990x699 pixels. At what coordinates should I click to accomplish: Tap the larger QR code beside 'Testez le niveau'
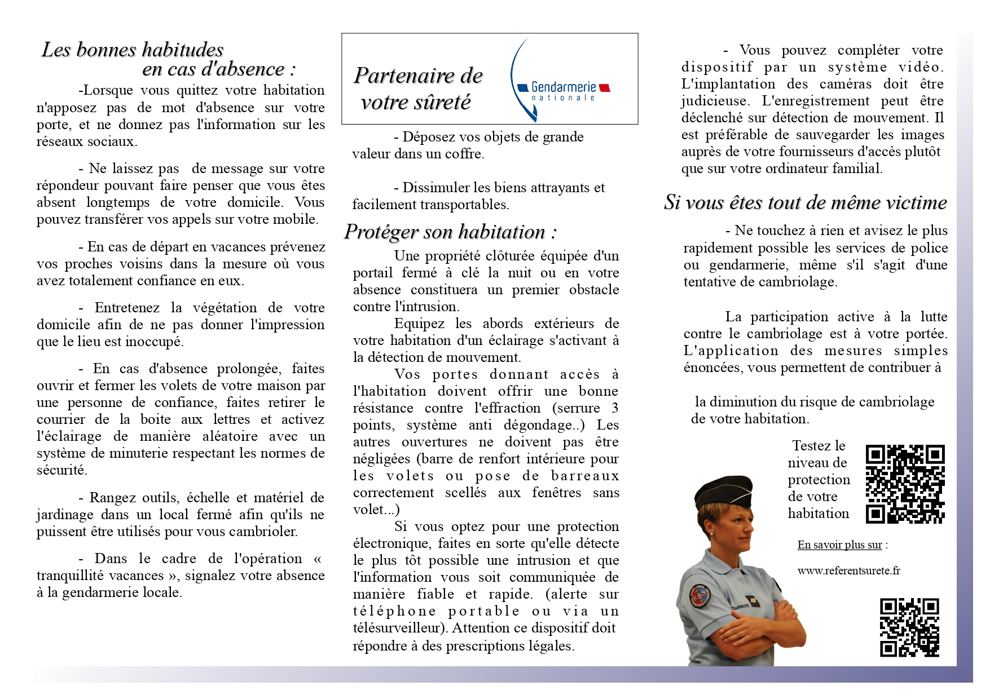click(905, 484)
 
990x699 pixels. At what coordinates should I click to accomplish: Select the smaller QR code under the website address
click(909, 627)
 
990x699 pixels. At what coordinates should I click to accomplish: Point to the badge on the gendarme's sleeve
click(700, 596)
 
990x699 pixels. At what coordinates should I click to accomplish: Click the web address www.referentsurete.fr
click(848, 570)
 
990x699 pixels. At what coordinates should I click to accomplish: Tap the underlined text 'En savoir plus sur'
click(839, 545)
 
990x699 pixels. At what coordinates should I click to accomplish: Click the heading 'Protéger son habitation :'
click(450, 232)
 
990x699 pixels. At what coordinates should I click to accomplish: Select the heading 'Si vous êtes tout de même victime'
click(805, 202)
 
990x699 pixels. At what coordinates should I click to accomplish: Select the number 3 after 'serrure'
click(614, 408)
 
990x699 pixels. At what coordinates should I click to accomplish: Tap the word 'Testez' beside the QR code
click(811, 446)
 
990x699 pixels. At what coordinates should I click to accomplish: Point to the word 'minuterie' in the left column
click(136, 453)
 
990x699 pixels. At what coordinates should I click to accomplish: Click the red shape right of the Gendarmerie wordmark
click(604, 87)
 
